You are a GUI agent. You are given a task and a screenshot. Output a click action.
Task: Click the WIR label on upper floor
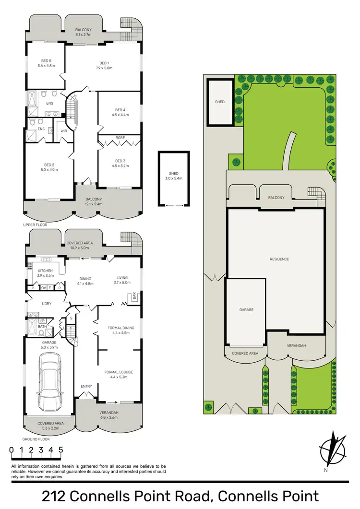tap(63, 130)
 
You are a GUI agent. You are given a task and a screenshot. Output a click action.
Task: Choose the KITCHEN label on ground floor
tap(45, 271)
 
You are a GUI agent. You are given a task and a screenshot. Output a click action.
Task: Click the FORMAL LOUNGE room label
tap(120, 372)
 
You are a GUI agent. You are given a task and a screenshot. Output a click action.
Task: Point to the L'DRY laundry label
tap(47, 304)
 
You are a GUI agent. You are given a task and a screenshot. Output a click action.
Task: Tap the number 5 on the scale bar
tap(61, 450)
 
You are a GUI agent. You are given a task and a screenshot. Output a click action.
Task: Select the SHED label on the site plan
tap(219, 102)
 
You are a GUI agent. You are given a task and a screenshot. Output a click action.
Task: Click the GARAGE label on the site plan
tap(246, 310)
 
